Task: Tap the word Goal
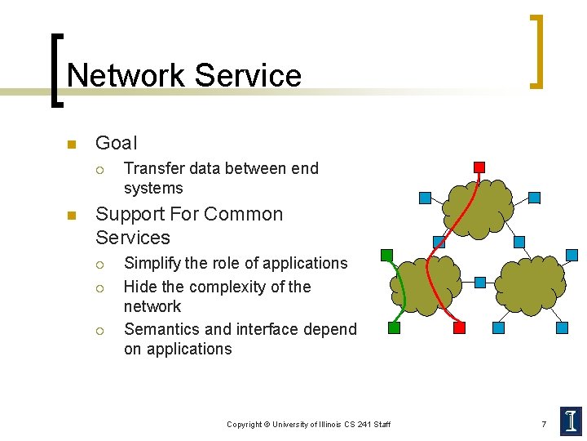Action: [117, 143]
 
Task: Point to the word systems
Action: [153, 188]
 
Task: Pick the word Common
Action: [244, 214]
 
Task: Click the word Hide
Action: [140, 287]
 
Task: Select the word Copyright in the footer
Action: [245, 424]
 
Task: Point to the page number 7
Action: [544, 424]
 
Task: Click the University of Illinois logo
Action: [571, 421]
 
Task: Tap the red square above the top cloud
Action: [479, 167]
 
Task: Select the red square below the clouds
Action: [459, 327]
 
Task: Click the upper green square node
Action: [386, 255]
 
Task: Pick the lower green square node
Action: [395, 327]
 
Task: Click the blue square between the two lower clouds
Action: [480, 283]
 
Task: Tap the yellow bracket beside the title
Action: [536, 51]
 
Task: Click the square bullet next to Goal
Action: [71, 145]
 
